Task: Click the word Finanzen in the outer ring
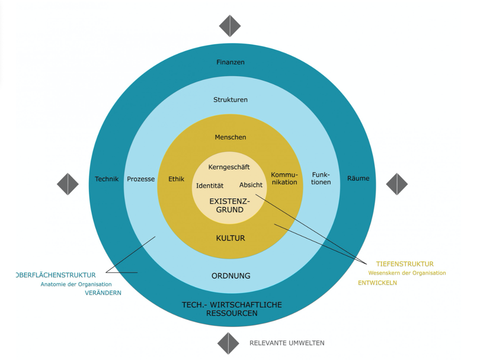pyautogui.click(x=231, y=62)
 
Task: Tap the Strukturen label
pyautogui.click(x=231, y=100)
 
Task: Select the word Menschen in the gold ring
pyautogui.click(x=231, y=137)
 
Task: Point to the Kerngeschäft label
pyautogui.click(x=229, y=167)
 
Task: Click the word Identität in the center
pyautogui.click(x=210, y=186)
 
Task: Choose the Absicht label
pyautogui.click(x=251, y=185)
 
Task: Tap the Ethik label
pyautogui.click(x=176, y=179)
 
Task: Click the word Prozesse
pyautogui.click(x=141, y=179)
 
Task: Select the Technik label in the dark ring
pyautogui.click(x=107, y=179)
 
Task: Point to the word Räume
pyautogui.click(x=358, y=178)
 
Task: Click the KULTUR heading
pyautogui.click(x=231, y=238)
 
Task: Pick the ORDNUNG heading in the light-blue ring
pyautogui.click(x=231, y=276)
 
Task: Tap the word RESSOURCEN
pyautogui.click(x=232, y=313)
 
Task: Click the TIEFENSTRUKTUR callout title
pyautogui.click(x=405, y=264)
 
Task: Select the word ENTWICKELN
pyautogui.click(x=377, y=283)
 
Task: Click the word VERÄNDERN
pyautogui.click(x=103, y=293)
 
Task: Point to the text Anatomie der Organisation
pyautogui.click(x=76, y=284)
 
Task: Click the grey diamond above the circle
pyautogui.click(x=230, y=26)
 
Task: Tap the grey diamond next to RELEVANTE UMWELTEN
pyautogui.click(x=228, y=343)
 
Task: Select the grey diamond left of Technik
pyautogui.click(x=68, y=184)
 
